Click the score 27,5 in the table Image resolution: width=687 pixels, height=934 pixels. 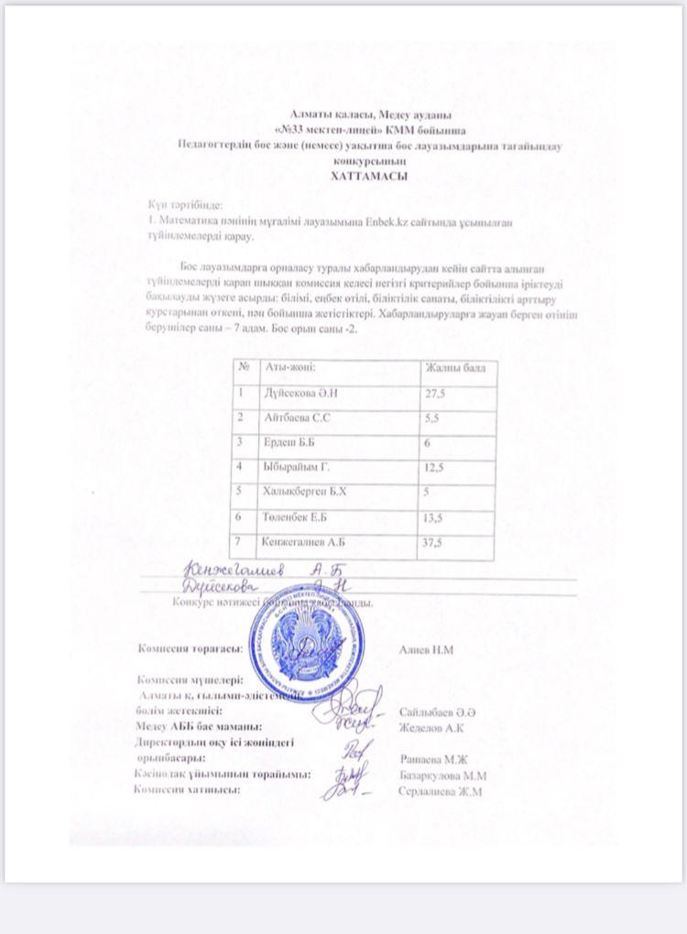[434, 394]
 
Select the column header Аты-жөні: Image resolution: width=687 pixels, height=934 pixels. [289, 368]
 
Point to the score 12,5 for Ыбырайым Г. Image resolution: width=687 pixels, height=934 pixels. [434, 468]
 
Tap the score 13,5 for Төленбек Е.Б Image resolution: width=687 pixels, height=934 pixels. [434, 518]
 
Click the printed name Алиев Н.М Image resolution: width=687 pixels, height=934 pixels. [428, 649]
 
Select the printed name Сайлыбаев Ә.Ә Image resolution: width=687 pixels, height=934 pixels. [436, 712]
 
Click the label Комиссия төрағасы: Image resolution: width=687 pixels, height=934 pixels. [190, 649]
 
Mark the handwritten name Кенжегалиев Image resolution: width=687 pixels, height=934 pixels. [231, 571]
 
